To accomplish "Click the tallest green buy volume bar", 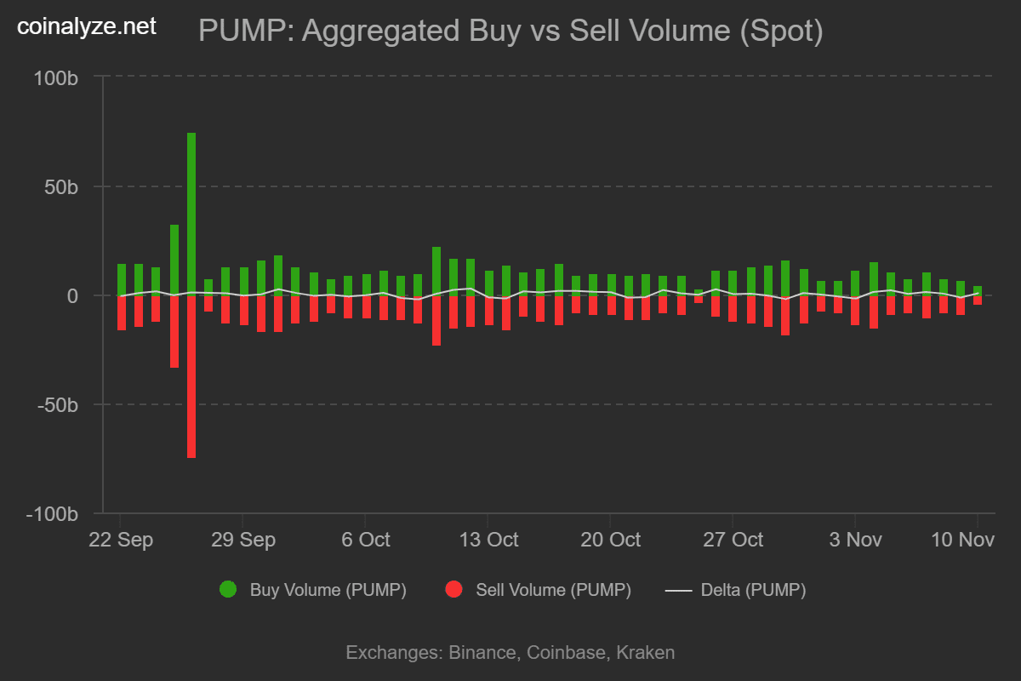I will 191,213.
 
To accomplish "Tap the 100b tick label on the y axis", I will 56,77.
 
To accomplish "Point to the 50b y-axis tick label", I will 61,186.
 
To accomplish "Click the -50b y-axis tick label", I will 57,405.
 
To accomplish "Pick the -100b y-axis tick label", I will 53,515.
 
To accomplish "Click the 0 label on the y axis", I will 72,296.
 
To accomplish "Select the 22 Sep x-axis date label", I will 121,541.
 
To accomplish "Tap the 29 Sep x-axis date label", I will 243,541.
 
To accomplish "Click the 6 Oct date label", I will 365,541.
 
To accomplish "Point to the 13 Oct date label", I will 488,541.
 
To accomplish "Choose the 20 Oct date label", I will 610,541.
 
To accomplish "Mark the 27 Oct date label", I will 733,541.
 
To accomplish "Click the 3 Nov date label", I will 855,541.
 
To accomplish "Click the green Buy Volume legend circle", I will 228,589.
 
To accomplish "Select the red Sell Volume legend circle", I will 454,589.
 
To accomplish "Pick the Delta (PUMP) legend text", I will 753,590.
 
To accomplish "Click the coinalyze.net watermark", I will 87,27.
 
